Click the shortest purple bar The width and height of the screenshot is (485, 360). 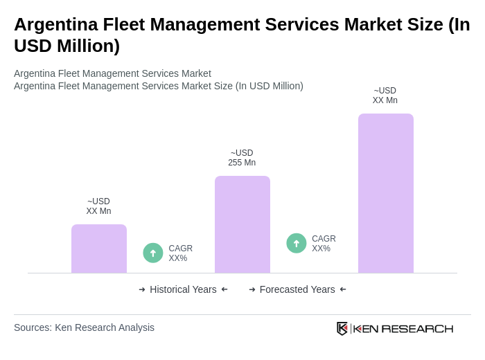(99, 249)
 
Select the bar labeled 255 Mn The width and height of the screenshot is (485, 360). (242, 224)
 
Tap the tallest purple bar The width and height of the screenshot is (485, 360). (386, 193)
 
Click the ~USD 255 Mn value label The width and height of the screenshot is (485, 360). (242, 158)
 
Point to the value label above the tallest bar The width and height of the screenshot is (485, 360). (385, 96)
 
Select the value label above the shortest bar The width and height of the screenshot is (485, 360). (98, 206)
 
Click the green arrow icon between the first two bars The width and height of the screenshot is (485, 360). (153, 253)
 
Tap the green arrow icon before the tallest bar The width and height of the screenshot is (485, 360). (297, 243)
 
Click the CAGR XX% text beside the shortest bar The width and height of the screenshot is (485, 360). (181, 253)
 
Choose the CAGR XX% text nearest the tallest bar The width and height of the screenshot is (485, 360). (324, 244)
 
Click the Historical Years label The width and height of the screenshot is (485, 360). (183, 289)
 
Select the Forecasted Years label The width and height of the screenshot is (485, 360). (297, 289)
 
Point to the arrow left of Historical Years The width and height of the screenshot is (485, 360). (142, 289)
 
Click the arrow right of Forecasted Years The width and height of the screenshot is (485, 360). (343, 289)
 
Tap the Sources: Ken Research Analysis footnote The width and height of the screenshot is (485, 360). (84, 327)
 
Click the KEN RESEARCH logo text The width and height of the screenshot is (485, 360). (403, 329)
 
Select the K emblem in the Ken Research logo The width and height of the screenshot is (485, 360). (342, 328)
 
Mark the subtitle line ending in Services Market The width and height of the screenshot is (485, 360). (112, 73)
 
